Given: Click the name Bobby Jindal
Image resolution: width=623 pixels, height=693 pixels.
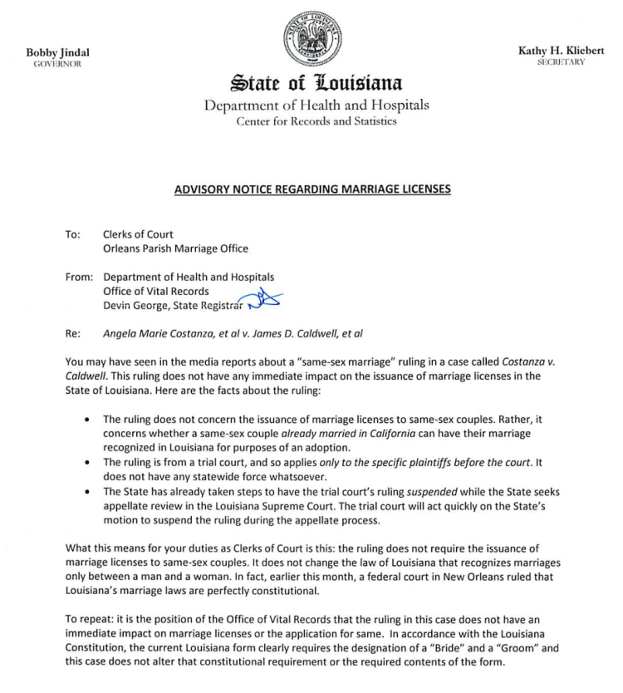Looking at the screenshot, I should pyautogui.click(x=57, y=53).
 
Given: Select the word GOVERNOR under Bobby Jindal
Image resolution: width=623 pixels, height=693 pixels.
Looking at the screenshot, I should pyautogui.click(x=57, y=64).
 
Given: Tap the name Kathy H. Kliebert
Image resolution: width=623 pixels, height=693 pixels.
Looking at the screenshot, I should pyautogui.click(x=562, y=52).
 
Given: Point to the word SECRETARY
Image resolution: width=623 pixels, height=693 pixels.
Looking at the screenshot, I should pyautogui.click(x=562, y=62).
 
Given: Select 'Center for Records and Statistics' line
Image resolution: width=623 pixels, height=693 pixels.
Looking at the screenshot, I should pyautogui.click(x=311, y=121).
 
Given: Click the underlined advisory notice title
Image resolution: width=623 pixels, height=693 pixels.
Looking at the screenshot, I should pyautogui.click(x=311, y=189).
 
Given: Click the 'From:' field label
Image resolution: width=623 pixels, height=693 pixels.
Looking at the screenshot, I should pyautogui.click(x=78, y=277).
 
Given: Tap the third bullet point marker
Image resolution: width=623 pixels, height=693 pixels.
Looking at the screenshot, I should pyautogui.click(x=88, y=490).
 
